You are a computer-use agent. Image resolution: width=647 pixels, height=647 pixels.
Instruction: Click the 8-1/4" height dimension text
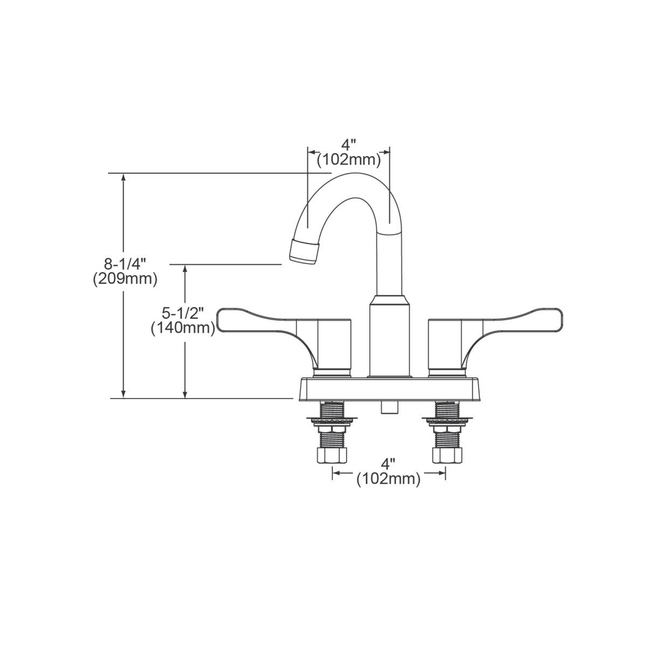tap(125, 265)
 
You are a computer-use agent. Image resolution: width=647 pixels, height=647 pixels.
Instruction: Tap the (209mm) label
tap(125, 279)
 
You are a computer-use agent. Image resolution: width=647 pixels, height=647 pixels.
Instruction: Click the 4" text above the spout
tap(349, 146)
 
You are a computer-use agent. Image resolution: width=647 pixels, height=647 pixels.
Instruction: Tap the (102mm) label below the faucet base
tap(388, 479)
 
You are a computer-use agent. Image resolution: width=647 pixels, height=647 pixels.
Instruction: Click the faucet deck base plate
tap(388, 389)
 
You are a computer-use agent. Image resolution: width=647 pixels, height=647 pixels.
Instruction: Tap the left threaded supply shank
tap(332, 412)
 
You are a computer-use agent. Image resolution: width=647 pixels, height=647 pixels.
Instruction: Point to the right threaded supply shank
tap(446, 412)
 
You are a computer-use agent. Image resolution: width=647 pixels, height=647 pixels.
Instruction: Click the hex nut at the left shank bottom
tap(332, 456)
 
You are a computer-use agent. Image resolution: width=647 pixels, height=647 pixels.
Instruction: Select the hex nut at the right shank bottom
tap(447, 456)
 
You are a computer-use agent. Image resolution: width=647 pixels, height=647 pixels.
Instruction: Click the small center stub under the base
tap(388, 407)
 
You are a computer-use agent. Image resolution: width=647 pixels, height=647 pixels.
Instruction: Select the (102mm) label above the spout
tap(349, 160)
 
